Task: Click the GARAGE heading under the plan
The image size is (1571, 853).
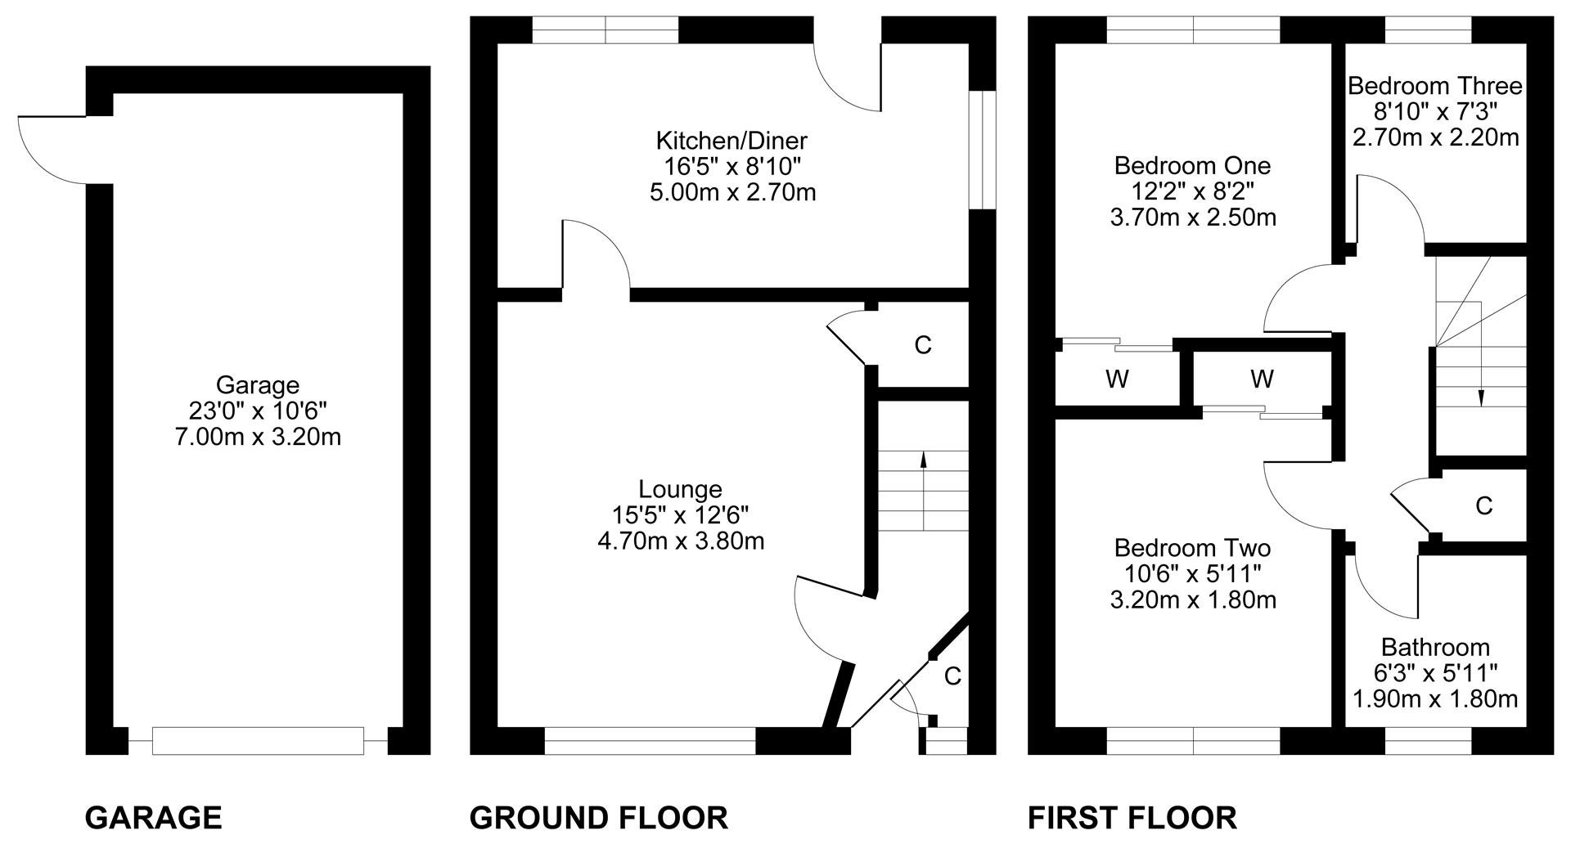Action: (x=153, y=818)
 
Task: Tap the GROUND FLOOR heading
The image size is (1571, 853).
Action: (x=599, y=818)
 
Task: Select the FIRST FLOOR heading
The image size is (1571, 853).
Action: (x=1132, y=818)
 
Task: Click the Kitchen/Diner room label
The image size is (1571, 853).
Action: (x=731, y=140)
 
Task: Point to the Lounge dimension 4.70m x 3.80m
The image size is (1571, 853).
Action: (x=681, y=541)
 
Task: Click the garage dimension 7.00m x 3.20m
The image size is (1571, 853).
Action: (x=258, y=437)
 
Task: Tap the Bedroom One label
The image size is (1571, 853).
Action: (x=1192, y=166)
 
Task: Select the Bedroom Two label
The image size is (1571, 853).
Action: (x=1192, y=548)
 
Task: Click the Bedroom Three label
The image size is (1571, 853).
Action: (x=1435, y=86)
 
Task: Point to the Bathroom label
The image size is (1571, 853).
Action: (x=1435, y=648)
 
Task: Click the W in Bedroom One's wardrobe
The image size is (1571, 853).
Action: (x=1117, y=379)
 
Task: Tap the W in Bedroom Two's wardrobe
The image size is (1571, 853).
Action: (x=1262, y=379)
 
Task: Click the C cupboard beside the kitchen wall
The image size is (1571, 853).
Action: (x=923, y=345)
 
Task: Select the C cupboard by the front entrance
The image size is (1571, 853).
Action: (x=952, y=676)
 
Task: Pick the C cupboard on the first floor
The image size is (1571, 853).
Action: (x=1484, y=506)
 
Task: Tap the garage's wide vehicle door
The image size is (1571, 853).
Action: (x=258, y=741)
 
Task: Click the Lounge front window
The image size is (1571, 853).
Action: (x=650, y=741)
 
